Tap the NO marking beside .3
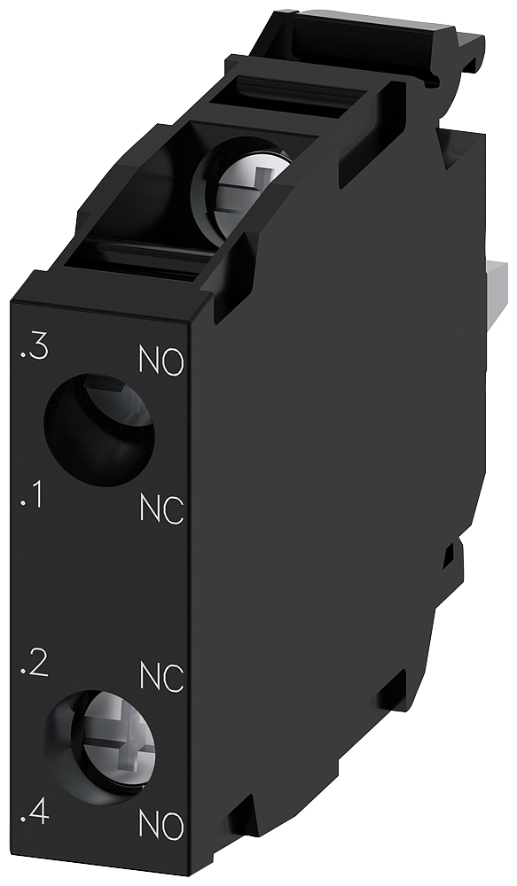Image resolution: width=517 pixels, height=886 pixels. [x=161, y=361]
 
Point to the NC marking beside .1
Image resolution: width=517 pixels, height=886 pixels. [x=161, y=509]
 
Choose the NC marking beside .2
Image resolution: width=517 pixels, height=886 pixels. [x=161, y=678]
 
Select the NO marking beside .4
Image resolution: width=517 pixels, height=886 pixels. [x=161, y=828]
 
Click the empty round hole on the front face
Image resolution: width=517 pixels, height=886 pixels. [x=98, y=431]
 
